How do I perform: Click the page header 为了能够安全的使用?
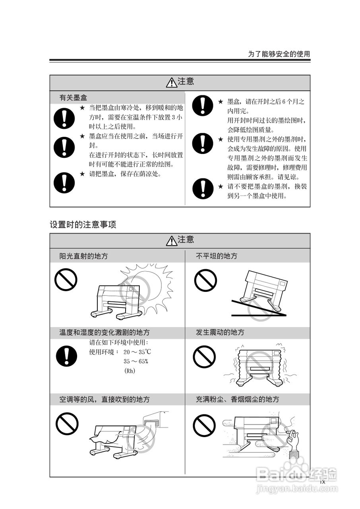[279, 54]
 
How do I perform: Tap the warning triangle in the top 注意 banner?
[172, 82]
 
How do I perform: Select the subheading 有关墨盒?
[74, 98]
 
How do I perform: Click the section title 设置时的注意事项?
[83, 225]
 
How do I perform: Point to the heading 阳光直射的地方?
[83, 256]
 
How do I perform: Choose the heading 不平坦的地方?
[217, 256]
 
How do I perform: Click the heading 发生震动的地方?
[220, 332]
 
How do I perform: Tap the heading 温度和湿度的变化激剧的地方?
[105, 332]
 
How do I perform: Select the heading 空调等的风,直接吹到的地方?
[105, 399]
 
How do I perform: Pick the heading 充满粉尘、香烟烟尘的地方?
[238, 399]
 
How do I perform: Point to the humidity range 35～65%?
[136, 361]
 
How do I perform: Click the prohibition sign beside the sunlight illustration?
[66, 280]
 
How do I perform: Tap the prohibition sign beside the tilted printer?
[205, 280]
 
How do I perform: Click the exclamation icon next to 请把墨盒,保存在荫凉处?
[64, 183]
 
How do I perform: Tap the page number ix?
[323, 482]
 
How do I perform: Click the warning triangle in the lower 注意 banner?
[172, 241]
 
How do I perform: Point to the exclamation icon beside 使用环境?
[66, 356]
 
